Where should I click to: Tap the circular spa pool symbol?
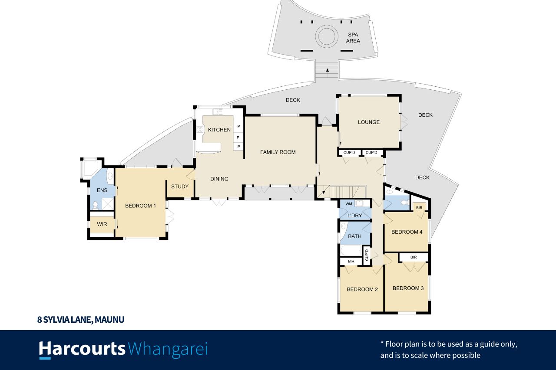click(326, 36)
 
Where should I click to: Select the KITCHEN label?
click(219, 130)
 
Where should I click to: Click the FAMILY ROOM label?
click(278, 152)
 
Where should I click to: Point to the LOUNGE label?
click(369, 122)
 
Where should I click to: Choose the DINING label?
click(219, 179)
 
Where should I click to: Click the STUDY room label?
click(180, 187)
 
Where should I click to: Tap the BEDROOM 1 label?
click(140, 206)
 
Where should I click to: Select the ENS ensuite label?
click(102, 190)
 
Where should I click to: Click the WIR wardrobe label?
click(102, 224)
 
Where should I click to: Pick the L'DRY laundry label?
click(354, 216)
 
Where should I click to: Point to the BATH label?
click(355, 236)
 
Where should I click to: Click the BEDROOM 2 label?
click(362, 289)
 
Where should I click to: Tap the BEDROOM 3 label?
click(408, 288)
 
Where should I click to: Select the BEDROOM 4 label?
click(407, 232)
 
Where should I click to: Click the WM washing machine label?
click(349, 203)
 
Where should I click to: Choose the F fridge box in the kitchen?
click(238, 137)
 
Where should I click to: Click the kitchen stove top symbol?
click(200, 129)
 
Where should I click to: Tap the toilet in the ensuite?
click(96, 205)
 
